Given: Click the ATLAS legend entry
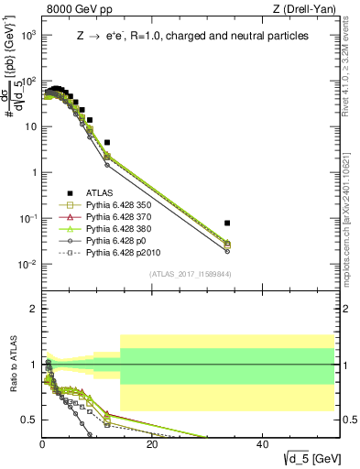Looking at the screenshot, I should coord(99,192).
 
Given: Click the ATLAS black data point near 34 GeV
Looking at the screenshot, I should coord(227,223).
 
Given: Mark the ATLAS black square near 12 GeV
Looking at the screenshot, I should coord(107,143).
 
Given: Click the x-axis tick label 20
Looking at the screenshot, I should coord(152,443).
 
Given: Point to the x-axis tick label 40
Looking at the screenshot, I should coord(262,443).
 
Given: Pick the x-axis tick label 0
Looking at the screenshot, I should coord(42,443).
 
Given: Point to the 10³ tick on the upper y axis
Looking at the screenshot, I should coord(28,35).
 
